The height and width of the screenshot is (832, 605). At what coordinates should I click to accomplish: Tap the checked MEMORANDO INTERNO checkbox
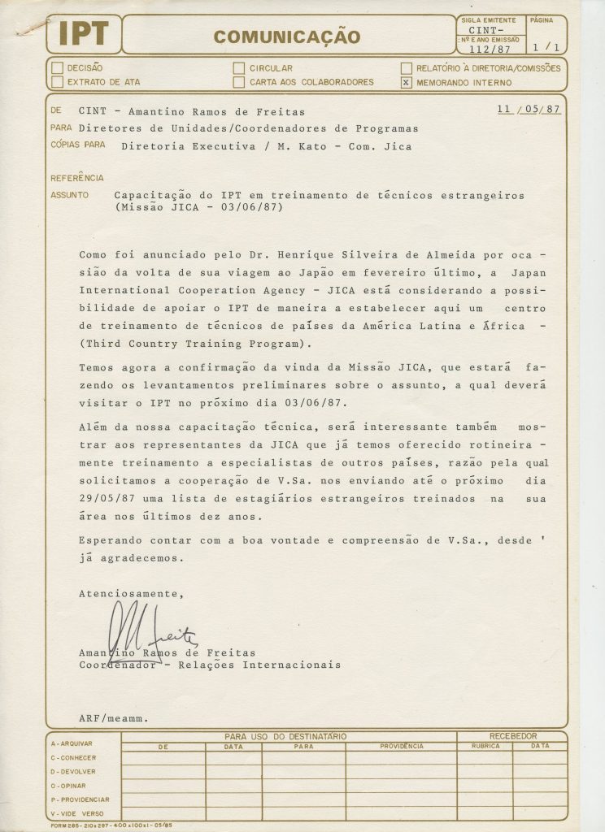pos(406,82)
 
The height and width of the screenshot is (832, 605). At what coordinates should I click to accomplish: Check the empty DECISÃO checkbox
pos(56,68)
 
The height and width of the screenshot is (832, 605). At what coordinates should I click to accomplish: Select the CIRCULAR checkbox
pos(238,68)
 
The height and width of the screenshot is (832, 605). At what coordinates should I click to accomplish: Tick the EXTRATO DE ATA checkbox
pos(56,81)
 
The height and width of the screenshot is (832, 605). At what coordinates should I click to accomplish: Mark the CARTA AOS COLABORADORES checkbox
pos(238,81)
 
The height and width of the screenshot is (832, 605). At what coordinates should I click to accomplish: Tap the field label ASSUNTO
pos(66,196)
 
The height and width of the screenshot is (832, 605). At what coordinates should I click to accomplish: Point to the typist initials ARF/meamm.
pos(113,718)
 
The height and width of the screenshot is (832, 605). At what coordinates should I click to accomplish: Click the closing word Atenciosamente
pos(130,594)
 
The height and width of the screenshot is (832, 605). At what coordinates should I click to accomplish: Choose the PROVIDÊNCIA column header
pos(401,745)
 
